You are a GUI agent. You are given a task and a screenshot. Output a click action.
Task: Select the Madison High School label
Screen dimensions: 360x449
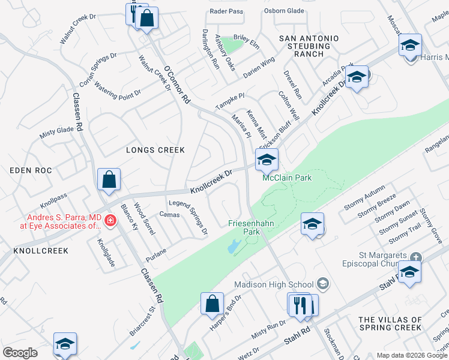(274, 284)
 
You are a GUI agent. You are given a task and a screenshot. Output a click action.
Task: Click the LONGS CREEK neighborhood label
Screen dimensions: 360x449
(155, 149)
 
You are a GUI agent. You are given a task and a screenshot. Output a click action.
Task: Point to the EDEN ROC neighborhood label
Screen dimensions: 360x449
(28, 170)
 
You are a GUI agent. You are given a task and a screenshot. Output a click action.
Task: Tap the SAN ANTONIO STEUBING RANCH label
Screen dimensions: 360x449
(309, 46)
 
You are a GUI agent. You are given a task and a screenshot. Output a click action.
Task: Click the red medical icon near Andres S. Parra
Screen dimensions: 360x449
(110, 221)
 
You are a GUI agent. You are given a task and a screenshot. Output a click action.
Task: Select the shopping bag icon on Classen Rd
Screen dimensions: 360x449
(109, 179)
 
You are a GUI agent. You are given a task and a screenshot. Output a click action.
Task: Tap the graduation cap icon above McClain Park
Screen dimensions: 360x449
(267, 160)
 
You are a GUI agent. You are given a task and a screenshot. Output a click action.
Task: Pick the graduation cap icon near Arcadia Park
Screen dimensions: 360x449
(357, 77)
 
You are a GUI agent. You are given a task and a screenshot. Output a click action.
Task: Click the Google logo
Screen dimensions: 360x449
(20, 353)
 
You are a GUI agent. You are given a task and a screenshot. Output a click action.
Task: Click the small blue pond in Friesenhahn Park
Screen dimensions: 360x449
(234, 245)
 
